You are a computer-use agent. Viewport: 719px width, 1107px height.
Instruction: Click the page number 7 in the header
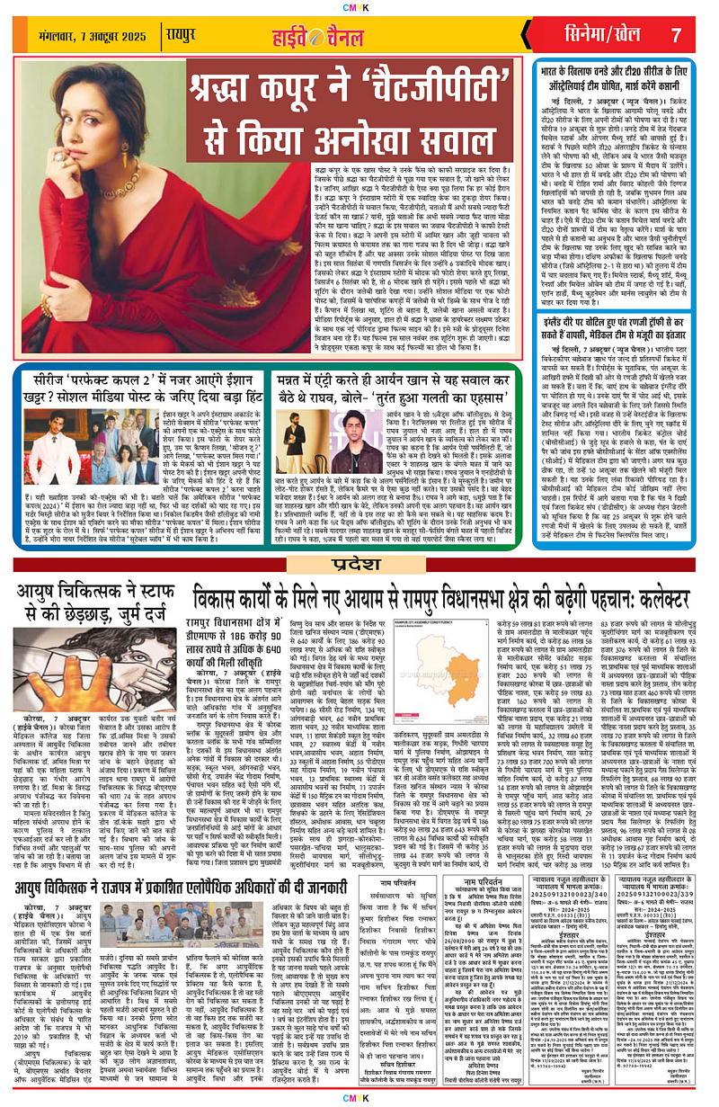click(676, 35)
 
